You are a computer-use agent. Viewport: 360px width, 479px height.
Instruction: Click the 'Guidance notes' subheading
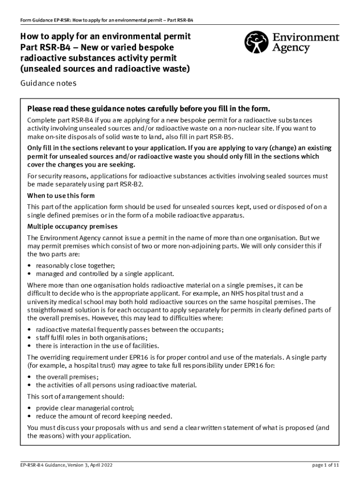click(48, 83)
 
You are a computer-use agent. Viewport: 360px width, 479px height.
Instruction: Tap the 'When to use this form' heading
click(61, 196)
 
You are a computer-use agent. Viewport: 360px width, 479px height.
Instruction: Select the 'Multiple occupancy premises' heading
click(72, 226)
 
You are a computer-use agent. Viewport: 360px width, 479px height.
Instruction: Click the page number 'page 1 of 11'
click(325, 465)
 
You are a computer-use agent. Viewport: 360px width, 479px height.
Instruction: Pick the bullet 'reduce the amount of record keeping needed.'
click(104, 416)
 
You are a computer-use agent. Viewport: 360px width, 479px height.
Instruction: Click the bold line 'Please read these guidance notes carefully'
click(149, 109)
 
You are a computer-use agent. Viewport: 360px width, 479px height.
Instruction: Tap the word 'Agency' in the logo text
click(292, 48)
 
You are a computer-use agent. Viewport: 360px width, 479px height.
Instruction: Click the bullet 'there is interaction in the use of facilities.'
click(97, 346)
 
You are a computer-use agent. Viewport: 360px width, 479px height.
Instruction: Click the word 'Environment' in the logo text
click(305, 37)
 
